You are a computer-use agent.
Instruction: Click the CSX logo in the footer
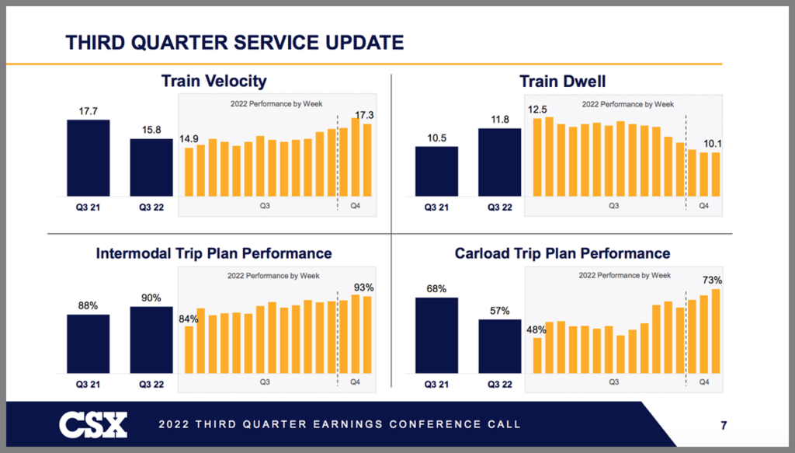coord(93,424)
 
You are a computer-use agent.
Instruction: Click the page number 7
coord(723,425)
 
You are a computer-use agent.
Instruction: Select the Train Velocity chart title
coord(214,81)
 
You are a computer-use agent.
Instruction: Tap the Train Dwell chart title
coord(563,81)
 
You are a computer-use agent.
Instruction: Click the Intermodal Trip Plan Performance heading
coord(214,253)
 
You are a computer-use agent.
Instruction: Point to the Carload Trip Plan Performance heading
coord(562,253)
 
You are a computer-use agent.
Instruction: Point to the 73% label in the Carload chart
coord(713,280)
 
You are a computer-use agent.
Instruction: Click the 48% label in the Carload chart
coord(536,329)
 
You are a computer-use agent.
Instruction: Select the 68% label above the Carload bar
coord(436,289)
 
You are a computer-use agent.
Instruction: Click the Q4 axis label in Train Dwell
coord(703,207)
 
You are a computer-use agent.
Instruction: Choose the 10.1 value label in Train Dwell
coord(711,143)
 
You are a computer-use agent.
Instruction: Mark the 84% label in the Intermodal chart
coord(188,317)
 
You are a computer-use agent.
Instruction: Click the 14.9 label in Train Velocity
coord(189,138)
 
